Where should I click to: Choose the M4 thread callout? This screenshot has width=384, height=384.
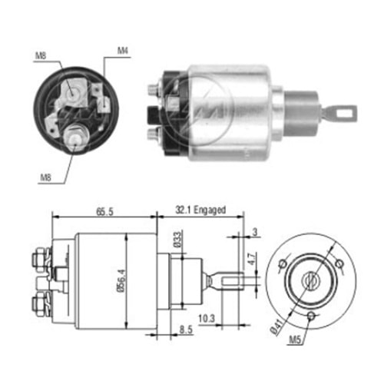coord(122,51)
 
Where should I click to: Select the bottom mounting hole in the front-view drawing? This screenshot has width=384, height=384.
coord(310,316)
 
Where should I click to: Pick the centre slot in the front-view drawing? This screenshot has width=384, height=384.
coord(310,280)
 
